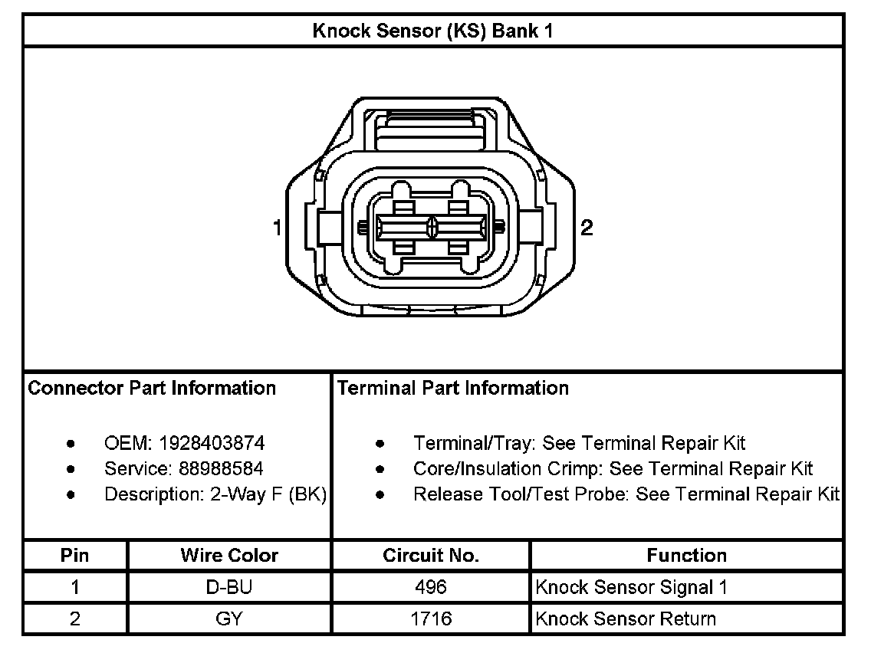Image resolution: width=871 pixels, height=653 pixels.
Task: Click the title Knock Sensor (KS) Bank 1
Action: point(432,31)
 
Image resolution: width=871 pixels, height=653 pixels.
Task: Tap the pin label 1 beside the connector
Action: point(277,228)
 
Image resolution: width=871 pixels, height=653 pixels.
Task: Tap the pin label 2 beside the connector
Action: point(587,228)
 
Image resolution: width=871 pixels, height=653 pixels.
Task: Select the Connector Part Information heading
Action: point(152,388)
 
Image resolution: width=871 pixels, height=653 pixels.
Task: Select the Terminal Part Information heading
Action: point(453,388)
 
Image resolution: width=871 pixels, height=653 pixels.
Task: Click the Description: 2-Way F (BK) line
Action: point(215,494)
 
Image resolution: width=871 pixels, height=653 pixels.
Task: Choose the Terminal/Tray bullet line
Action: point(579,443)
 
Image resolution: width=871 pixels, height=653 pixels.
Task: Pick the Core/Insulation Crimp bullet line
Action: point(613,468)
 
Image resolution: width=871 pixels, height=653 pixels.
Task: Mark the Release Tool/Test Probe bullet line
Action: point(626,494)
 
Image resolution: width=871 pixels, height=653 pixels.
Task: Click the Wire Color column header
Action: point(229,555)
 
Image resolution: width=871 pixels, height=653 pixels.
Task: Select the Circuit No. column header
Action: point(431,555)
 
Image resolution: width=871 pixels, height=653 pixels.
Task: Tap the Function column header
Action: point(686,555)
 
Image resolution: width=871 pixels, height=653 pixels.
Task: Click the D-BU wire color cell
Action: point(229,587)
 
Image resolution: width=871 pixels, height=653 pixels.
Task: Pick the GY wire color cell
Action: point(229,619)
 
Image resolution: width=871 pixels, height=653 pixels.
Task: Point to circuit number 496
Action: point(431,587)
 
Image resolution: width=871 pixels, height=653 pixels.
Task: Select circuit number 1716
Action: point(431,619)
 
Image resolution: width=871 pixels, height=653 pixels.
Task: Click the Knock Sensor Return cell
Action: point(626,619)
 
